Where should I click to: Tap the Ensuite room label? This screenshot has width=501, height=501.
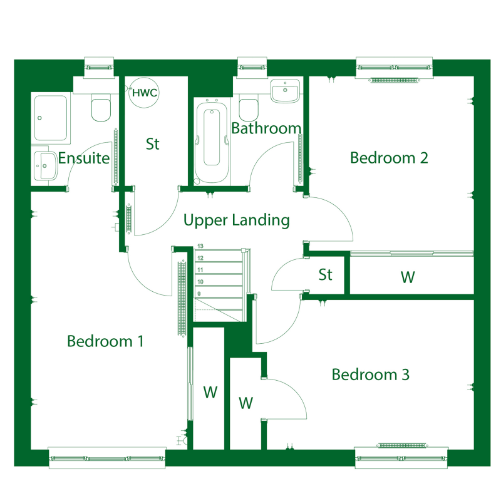click(x=84, y=158)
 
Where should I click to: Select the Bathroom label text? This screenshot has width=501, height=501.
click(x=266, y=128)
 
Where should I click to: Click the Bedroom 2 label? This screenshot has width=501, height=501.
click(x=389, y=158)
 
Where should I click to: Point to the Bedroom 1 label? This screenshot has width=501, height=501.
click(x=105, y=341)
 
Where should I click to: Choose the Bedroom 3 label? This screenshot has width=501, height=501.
click(x=370, y=374)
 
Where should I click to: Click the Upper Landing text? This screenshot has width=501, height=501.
click(x=237, y=220)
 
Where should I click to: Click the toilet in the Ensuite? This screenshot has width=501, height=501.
click(x=101, y=107)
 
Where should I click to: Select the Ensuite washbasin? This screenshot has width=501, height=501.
click(x=45, y=166)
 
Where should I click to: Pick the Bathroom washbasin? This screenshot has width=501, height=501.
click(x=286, y=91)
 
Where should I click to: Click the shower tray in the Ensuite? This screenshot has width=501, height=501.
click(x=51, y=118)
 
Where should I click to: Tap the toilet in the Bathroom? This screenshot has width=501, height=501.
click(x=249, y=108)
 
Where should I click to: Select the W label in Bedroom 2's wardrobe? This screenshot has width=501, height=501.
click(x=408, y=277)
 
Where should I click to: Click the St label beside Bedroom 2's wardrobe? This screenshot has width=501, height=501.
click(x=325, y=275)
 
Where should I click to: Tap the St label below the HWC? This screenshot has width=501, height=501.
click(x=152, y=144)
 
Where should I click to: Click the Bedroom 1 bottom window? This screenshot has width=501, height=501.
click(x=107, y=458)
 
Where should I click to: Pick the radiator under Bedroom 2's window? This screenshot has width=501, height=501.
click(x=395, y=80)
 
